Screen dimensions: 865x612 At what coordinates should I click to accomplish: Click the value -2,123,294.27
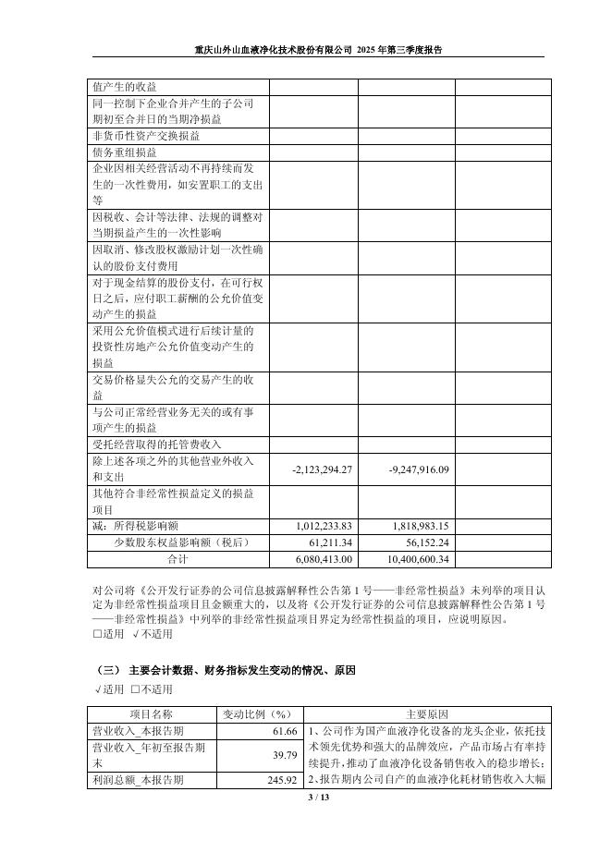[322, 469]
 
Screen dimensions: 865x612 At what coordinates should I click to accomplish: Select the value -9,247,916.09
[419, 469]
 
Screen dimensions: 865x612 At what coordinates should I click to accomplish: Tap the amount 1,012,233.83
[322, 525]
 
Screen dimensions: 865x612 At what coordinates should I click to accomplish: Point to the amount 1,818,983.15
[419, 525]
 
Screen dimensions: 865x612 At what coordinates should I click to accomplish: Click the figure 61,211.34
[327, 542]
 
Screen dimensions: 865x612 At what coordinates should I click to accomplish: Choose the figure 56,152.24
[424, 542]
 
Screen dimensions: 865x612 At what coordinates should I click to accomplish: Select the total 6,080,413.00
[322, 559]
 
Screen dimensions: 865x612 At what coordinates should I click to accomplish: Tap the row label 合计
[177, 559]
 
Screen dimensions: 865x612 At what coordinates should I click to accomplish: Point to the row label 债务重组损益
[124, 152]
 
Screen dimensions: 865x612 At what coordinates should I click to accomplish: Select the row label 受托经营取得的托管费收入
[151, 445]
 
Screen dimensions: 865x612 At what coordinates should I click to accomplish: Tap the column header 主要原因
[426, 714]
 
